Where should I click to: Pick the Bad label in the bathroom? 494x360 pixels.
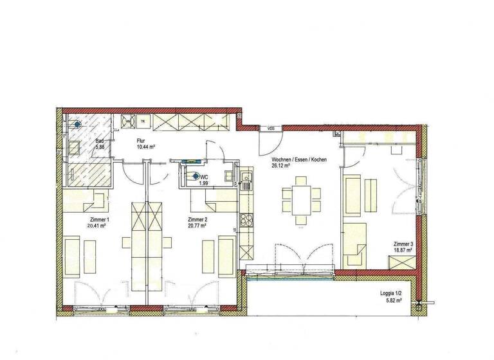coord(100,141)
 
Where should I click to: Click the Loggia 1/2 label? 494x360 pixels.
coord(392,294)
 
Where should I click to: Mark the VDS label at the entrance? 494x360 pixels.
coord(272,129)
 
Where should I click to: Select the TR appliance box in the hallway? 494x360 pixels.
coord(142,120)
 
